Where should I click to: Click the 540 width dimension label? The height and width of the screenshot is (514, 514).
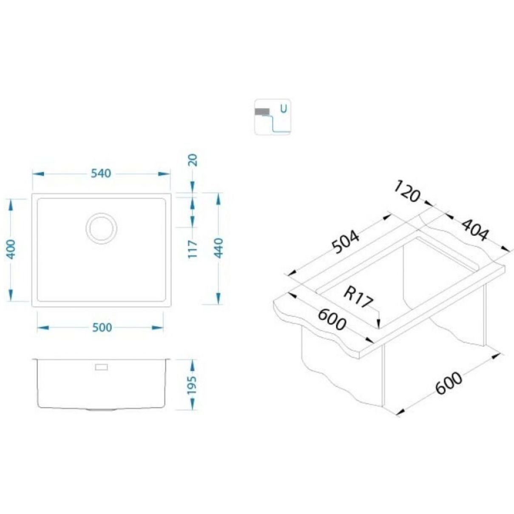[x=101, y=173]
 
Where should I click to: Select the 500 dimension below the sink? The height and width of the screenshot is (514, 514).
[x=102, y=327]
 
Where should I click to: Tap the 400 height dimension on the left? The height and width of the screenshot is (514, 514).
[x=11, y=250]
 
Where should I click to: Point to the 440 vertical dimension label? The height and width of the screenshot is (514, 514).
[x=219, y=248]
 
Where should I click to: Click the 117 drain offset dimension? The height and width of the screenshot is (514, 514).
[x=193, y=249]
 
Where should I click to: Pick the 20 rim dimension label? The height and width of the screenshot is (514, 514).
[x=193, y=160]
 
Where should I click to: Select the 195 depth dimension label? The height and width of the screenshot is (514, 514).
[x=191, y=386]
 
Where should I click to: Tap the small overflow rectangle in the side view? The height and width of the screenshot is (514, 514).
[x=101, y=367]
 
